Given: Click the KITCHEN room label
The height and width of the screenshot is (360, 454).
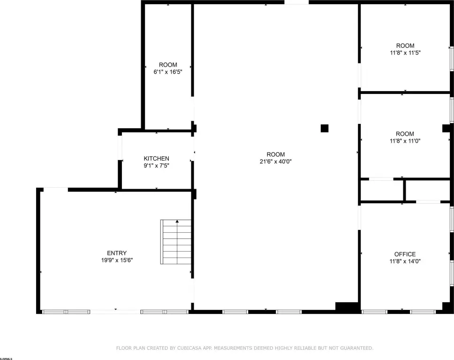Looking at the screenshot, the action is tap(156, 159).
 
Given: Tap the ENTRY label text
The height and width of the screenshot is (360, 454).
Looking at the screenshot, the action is tap(117, 253).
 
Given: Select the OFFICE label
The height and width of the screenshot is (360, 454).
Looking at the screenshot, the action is tap(405, 254).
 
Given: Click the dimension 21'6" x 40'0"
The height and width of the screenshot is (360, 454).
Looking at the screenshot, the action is tap(275, 161).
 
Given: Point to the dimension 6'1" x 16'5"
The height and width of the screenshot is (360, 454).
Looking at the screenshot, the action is tap(167, 72).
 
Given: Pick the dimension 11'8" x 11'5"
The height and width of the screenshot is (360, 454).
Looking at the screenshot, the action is tap(405, 53).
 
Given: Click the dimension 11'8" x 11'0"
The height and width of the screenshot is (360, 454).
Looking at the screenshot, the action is tap(405, 141).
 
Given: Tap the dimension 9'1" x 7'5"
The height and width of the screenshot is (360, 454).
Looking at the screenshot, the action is tap(156, 166).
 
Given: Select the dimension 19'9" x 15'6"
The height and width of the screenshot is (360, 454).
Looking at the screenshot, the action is tap(117, 260).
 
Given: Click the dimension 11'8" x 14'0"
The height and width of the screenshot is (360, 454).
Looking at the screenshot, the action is tap(405, 261).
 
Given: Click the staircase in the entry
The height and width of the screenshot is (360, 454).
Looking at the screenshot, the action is tap(176, 242).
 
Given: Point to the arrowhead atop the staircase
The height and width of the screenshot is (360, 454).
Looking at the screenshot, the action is tap(177, 222).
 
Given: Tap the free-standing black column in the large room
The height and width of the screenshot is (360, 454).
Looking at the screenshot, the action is tap(324, 128).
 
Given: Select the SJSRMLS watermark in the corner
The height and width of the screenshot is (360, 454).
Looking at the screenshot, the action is tap(6, 359).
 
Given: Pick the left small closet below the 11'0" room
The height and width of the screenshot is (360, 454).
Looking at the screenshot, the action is tap(382, 190).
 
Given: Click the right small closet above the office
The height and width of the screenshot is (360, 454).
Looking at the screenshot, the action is tap(428, 190).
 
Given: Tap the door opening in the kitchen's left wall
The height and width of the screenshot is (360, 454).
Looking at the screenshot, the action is tap(120, 147).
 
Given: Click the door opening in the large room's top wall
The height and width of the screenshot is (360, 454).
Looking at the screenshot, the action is tap(296, 2).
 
